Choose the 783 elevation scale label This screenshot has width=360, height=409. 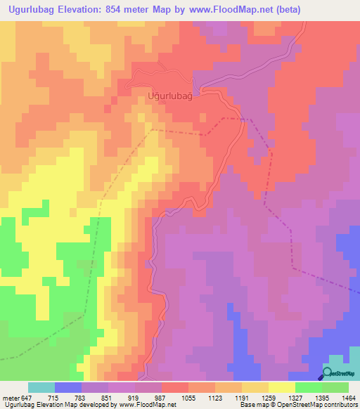pyautogui.click(x=95, y=398)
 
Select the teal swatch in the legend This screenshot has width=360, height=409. pyautogui.click(x=41, y=387)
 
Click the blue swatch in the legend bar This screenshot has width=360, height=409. pyautogui.click(x=68, y=387)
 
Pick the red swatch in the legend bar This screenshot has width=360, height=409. pyautogui.click(x=175, y=387)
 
